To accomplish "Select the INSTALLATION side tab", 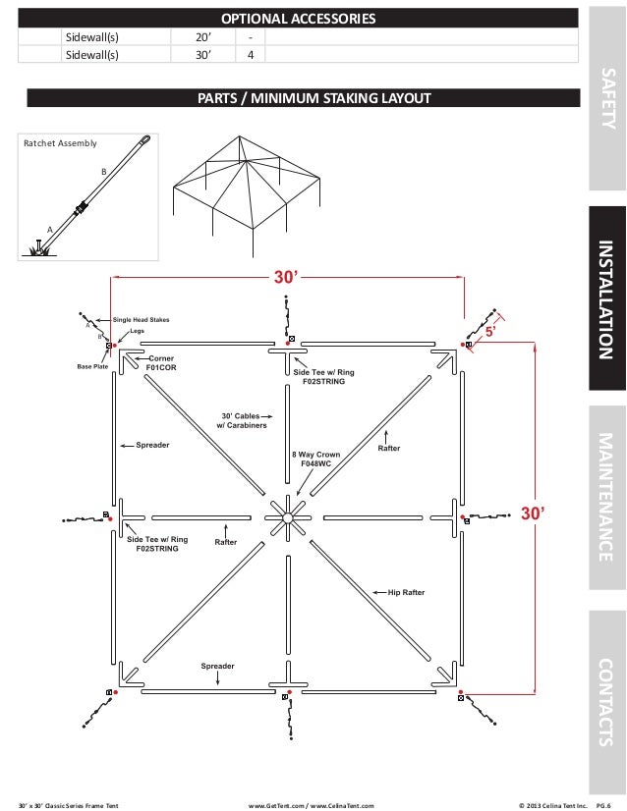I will (607, 300).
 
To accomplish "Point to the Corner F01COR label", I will (162, 363).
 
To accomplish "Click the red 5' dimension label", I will (489, 332).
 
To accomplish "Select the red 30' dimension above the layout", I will (285, 278).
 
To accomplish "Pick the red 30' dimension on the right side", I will (533, 514).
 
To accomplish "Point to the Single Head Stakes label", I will (142, 319).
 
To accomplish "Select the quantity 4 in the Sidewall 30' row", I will (251, 55).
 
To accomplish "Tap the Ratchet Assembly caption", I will (60, 143).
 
